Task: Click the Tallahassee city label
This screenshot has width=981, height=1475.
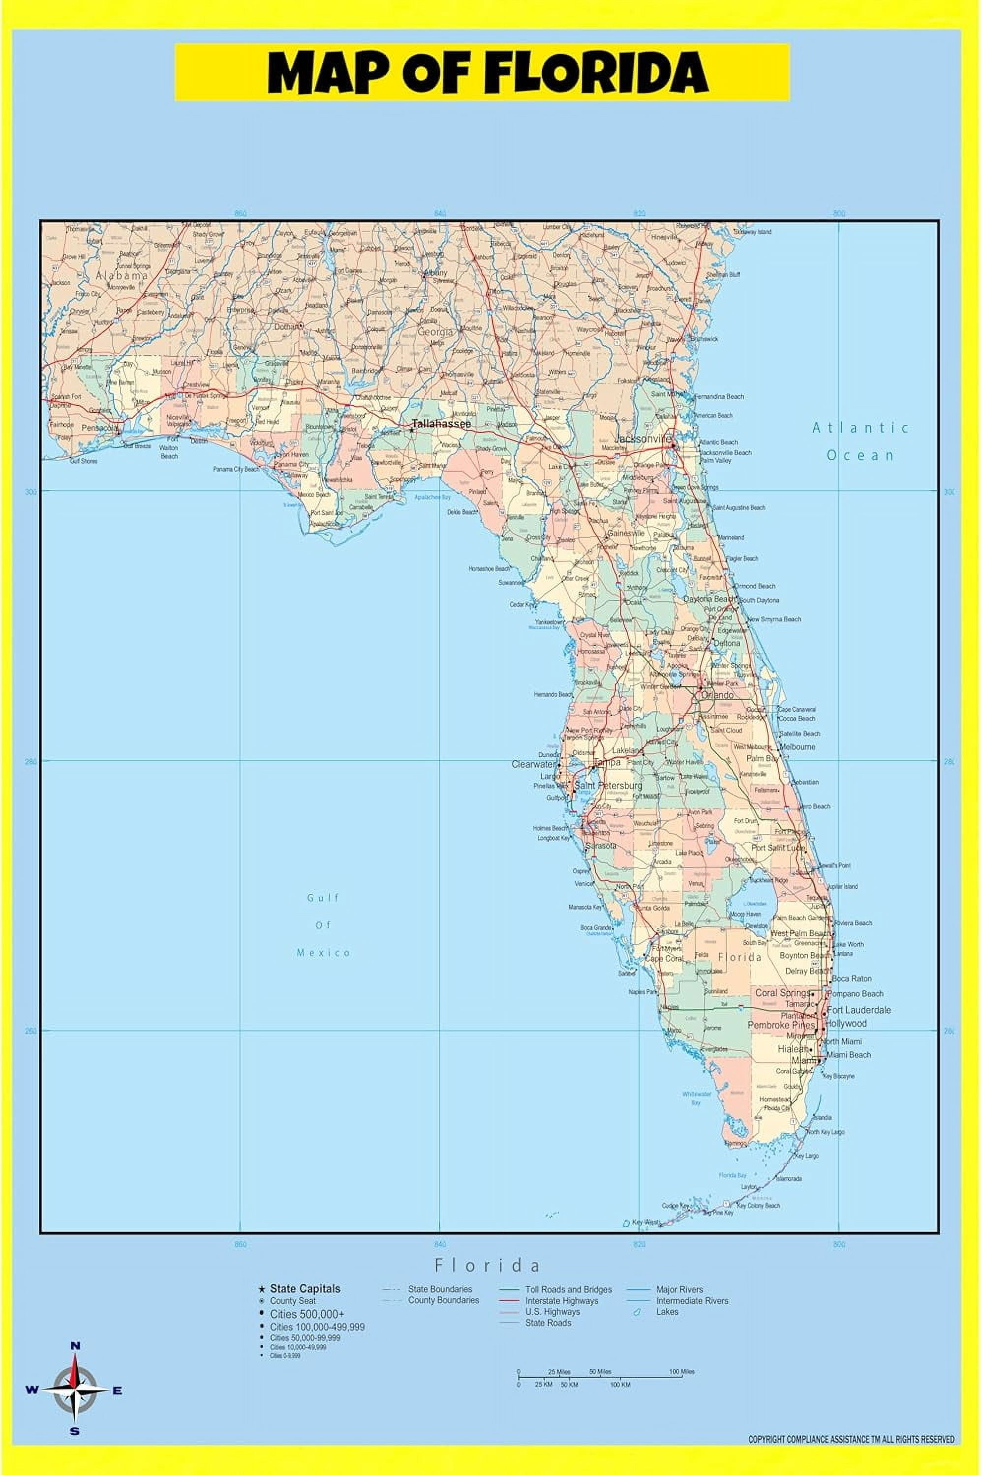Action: (x=441, y=424)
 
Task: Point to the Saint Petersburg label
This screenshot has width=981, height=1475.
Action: (x=608, y=785)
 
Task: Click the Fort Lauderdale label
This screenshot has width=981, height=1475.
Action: (x=859, y=1010)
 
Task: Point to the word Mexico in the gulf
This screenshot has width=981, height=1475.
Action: (x=323, y=953)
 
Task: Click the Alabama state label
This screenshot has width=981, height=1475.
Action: (x=122, y=275)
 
